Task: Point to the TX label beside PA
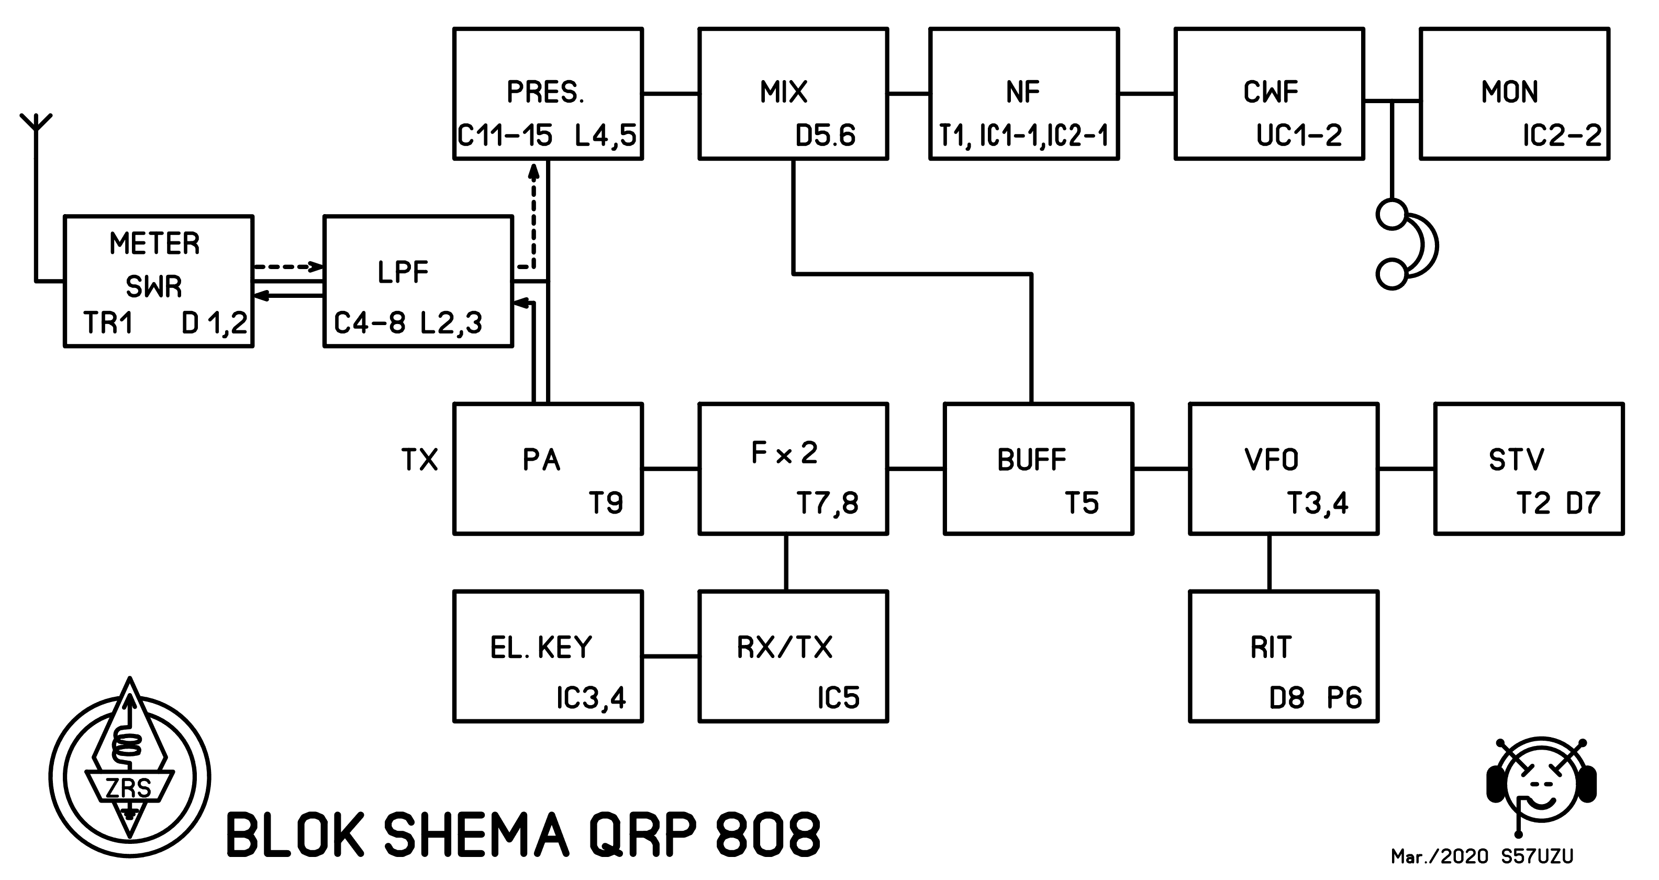(419, 460)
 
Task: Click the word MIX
(783, 92)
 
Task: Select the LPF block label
(403, 273)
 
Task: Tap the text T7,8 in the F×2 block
(828, 503)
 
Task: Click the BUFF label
(1032, 460)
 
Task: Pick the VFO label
(1271, 460)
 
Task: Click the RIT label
(1271, 648)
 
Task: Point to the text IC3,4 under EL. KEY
(591, 698)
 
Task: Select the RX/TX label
(784, 648)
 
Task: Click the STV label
(1516, 460)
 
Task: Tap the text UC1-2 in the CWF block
(1299, 135)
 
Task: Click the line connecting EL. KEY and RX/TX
(671, 656)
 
